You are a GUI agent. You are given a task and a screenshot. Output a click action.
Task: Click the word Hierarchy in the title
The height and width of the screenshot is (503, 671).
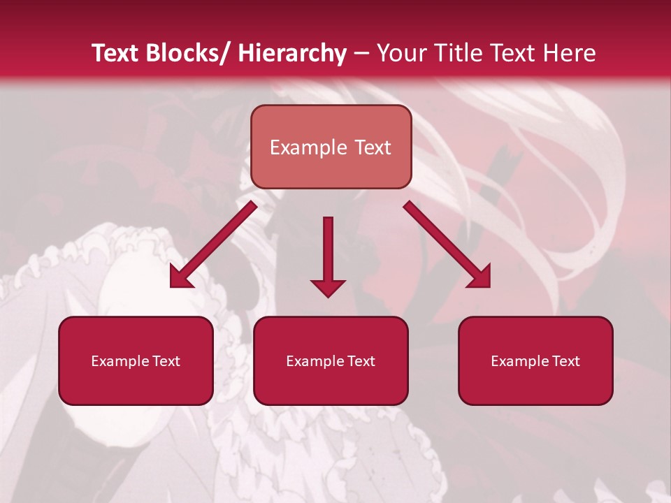pos(292,53)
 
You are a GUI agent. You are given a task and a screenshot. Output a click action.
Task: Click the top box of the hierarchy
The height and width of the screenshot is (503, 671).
pos(331,147)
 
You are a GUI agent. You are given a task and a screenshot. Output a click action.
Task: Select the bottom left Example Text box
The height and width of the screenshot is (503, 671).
pos(136,361)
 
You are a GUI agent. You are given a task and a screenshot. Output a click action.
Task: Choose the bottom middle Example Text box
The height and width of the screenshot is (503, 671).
pos(331,361)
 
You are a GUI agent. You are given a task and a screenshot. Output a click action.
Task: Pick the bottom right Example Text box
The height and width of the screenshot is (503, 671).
pos(535,361)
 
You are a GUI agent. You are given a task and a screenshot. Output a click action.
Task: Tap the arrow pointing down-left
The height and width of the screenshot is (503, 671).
pos(214,244)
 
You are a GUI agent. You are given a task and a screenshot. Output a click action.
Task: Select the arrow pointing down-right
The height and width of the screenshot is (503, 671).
pos(447,244)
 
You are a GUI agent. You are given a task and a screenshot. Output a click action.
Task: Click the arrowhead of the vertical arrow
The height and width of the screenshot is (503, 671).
pos(328,287)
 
